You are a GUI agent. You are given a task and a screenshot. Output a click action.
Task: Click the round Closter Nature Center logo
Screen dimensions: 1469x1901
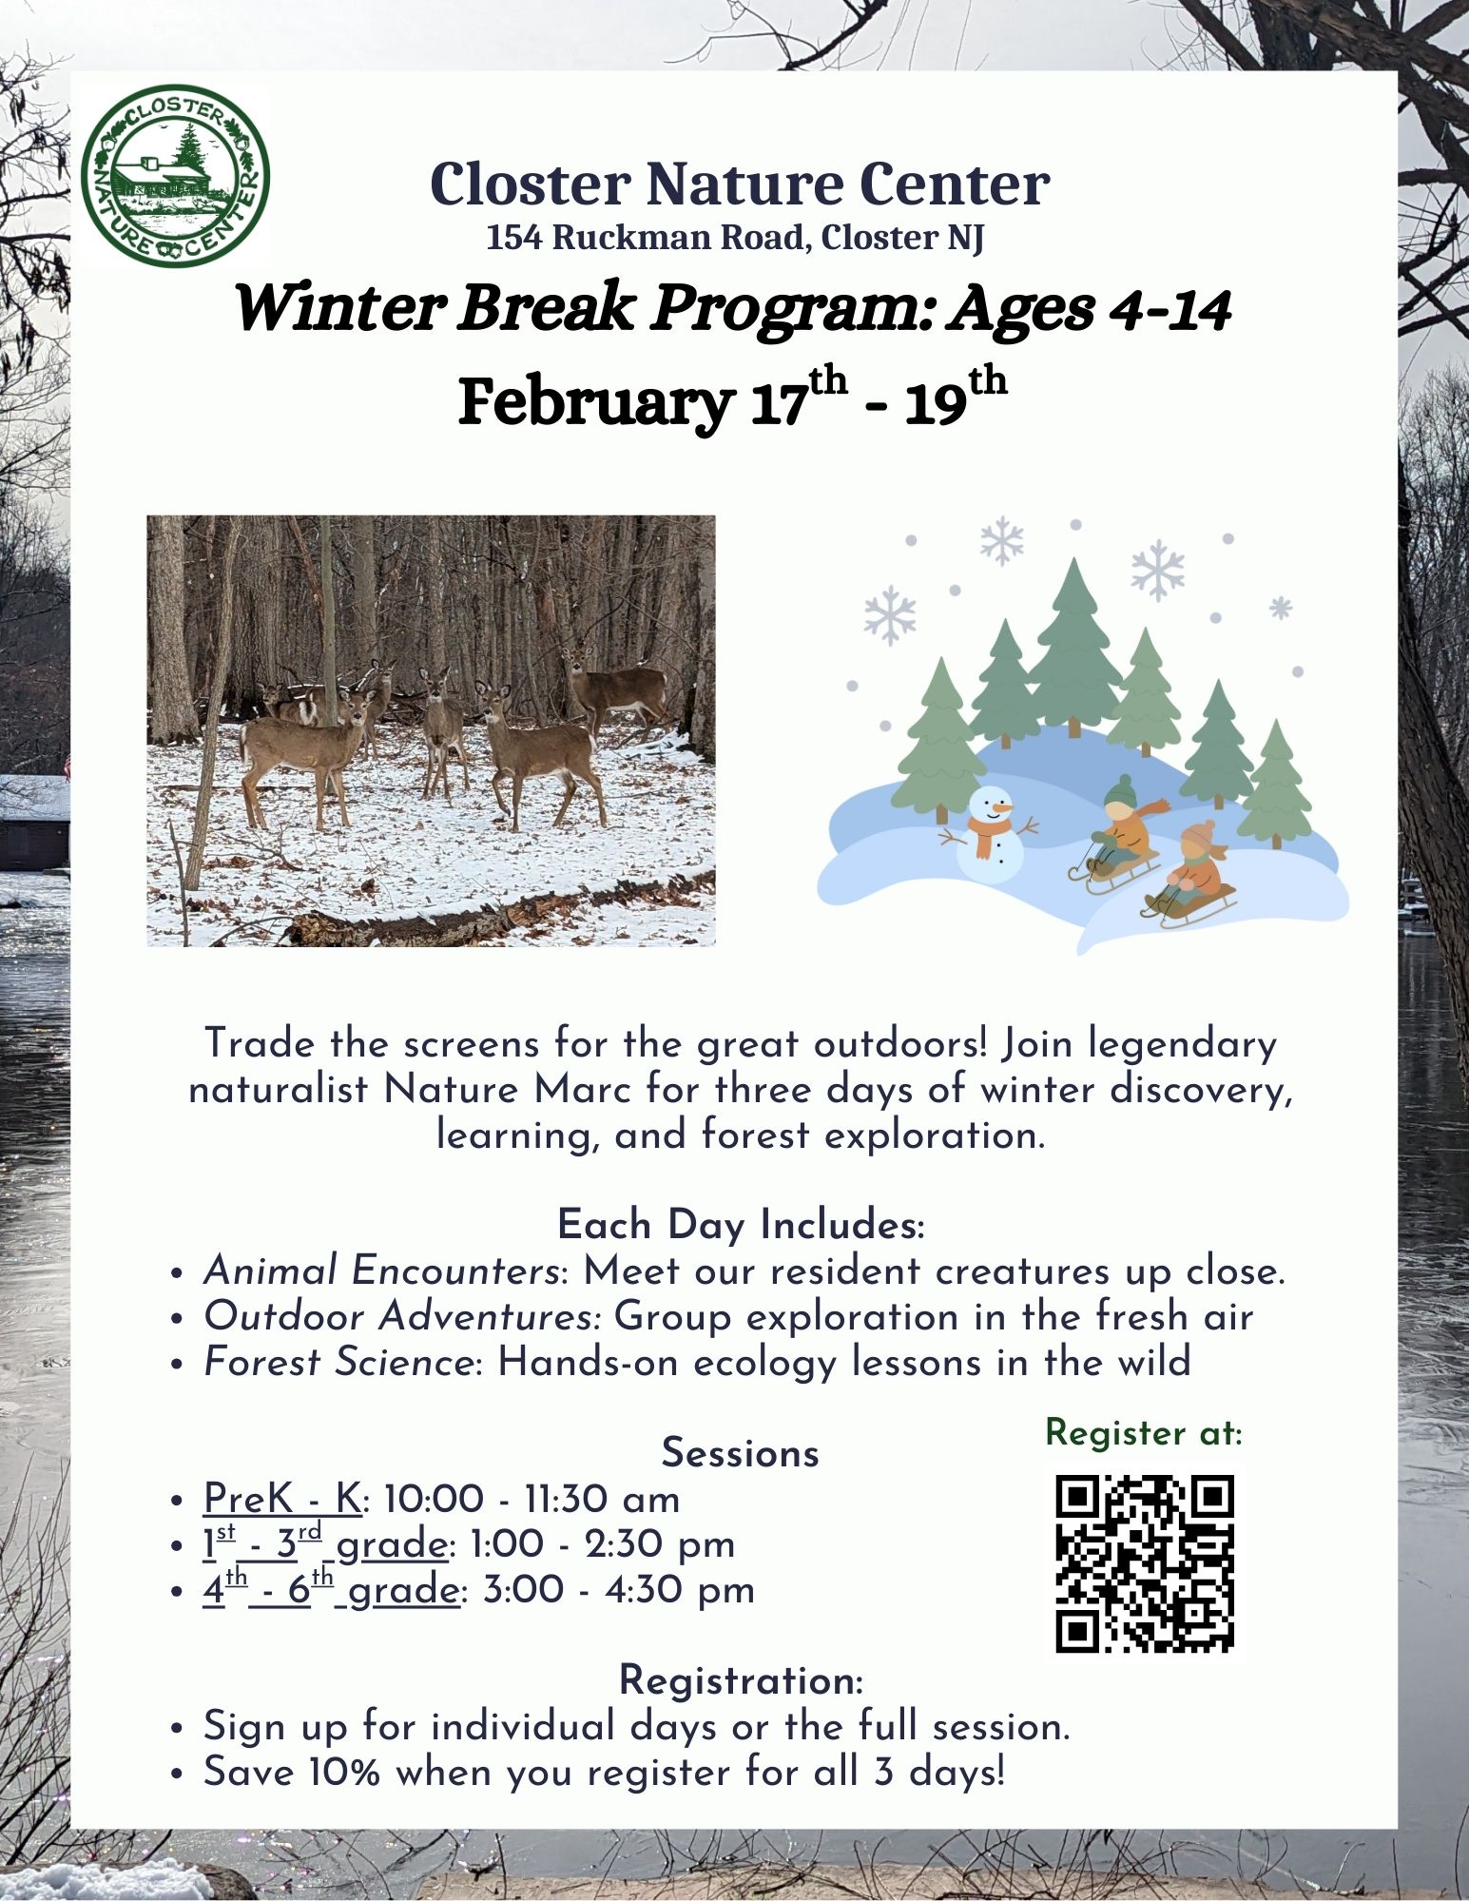pos(176,176)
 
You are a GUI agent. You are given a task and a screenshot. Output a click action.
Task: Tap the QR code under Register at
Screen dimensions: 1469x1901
pos(1145,1563)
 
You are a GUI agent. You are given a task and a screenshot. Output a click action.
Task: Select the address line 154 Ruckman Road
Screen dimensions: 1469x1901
pos(735,237)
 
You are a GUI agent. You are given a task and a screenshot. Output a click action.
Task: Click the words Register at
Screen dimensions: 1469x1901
pos(1144,1432)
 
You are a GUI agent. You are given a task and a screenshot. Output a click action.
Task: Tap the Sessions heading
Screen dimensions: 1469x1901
pos(740,1453)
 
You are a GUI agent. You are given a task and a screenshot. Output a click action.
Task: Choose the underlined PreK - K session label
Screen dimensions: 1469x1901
pos(282,1499)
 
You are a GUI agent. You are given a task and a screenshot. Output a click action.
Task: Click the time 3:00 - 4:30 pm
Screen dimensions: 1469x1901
pos(618,1590)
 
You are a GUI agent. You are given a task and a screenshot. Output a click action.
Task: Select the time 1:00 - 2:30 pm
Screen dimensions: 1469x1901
pos(603,1544)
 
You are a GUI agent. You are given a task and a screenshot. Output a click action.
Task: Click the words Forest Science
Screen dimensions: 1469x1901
pos(338,1362)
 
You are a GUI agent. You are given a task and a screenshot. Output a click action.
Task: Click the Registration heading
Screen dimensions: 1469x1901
pos(742,1680)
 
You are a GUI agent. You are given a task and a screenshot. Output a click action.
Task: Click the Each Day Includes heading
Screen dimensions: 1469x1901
pos(741,1225)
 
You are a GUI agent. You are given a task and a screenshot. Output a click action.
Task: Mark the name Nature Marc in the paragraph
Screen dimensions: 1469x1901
pos(506,1089)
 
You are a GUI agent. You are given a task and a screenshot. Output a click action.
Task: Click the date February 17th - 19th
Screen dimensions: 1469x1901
pos(732,399)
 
